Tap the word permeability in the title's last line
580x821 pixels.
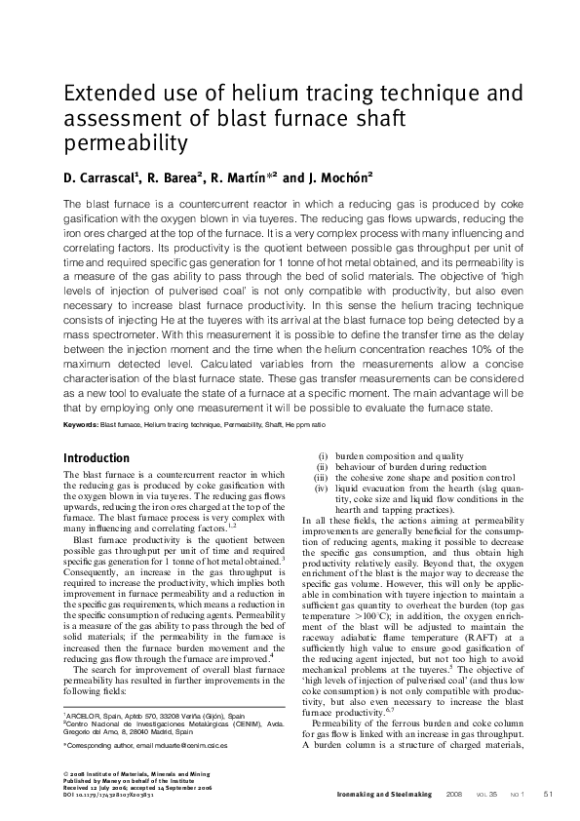tap(125, 145)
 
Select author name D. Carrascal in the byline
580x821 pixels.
tap(101, 178)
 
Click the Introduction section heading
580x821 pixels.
tap(96, 458)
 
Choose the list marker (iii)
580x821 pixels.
tap(321, 478)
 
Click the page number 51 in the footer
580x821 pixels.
tap(548, 793)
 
